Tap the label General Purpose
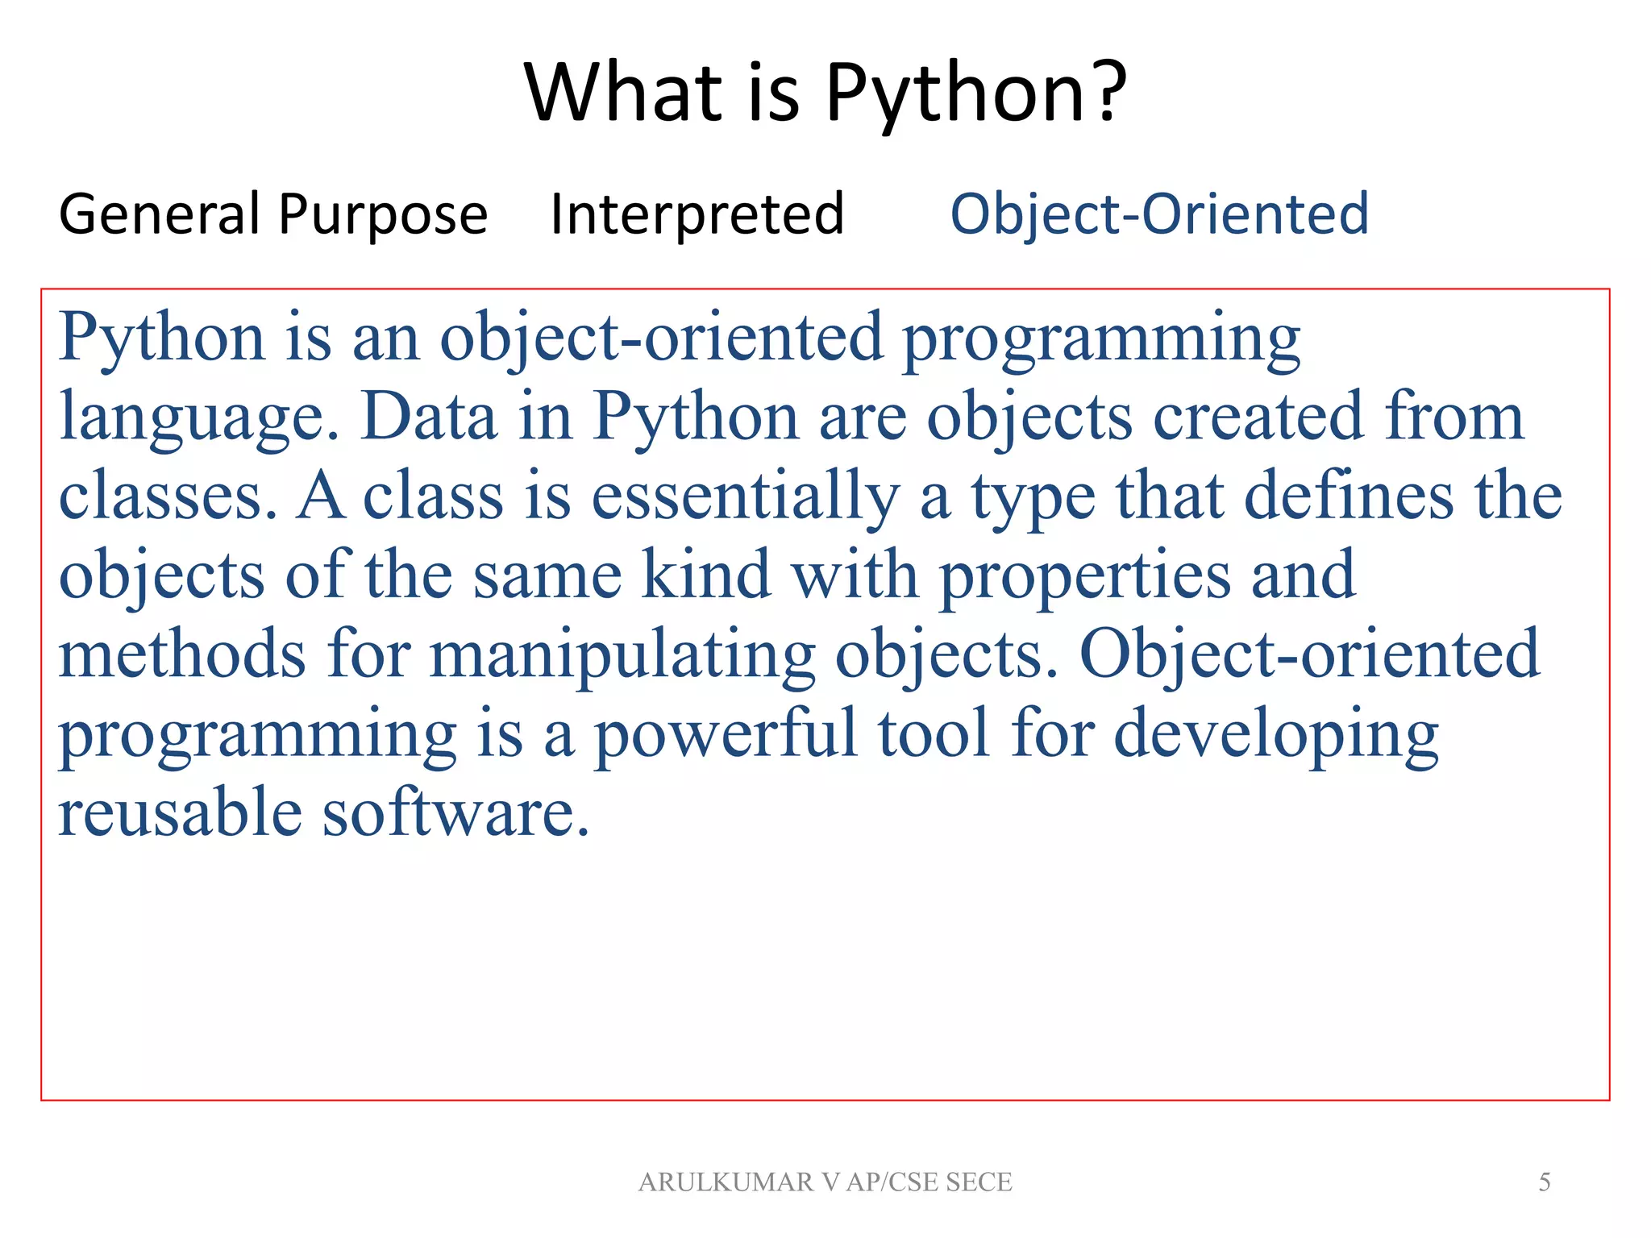[273, 214]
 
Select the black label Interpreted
[697, 214]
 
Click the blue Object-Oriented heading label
[1159, 214]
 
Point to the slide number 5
[1544, 1182]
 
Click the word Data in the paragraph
[428, 417]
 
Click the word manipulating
[622, 654]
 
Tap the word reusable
[179, 812]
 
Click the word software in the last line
[455, 812]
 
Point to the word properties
[1085, 575]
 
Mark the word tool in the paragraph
[933, 733]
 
